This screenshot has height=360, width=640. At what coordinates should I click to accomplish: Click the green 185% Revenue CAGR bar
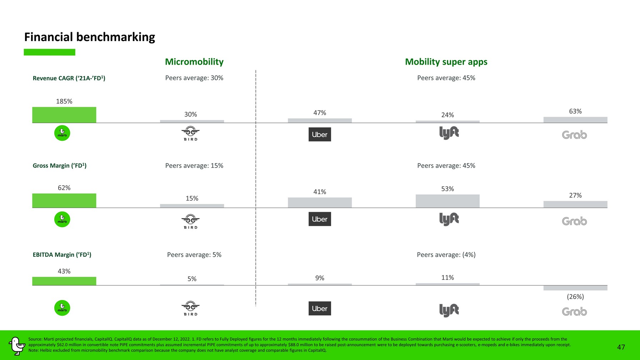coord(64,115)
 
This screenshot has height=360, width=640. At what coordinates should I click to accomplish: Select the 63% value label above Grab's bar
coord(575,111)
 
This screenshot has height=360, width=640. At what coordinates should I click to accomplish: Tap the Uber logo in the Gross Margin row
coord(320,219)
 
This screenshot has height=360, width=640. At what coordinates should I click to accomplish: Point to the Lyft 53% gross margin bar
coord(447,201)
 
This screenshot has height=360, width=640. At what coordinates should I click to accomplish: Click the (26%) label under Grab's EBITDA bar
coord(575,296)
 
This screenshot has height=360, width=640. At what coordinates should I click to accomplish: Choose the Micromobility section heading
coord(194,62)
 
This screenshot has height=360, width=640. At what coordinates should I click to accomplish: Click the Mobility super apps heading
coord(446,62)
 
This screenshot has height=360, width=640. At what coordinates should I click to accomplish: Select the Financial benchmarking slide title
coord(90,37)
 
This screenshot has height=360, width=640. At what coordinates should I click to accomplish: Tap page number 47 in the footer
coord(621,347)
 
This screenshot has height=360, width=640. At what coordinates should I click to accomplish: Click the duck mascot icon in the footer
coord(16,346)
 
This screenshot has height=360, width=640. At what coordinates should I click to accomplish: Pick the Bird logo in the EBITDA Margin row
coord(191,308)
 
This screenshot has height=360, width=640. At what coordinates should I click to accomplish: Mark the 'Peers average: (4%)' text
coord(446,255)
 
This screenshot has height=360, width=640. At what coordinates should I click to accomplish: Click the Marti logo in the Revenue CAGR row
coord(62,133)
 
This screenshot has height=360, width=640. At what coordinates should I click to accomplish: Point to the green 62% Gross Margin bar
coord(64,201)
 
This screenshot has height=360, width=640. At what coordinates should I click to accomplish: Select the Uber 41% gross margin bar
coord(320,202)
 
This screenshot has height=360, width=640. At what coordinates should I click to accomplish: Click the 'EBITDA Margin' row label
coord(62,255)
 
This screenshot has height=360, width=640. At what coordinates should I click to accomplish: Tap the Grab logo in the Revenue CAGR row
coord(574,135)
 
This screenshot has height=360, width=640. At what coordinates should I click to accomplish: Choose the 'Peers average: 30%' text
coord(194,78)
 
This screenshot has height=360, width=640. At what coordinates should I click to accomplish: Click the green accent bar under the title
coord(50,52)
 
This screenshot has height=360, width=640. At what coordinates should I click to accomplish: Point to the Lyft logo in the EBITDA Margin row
coord(449,310)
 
